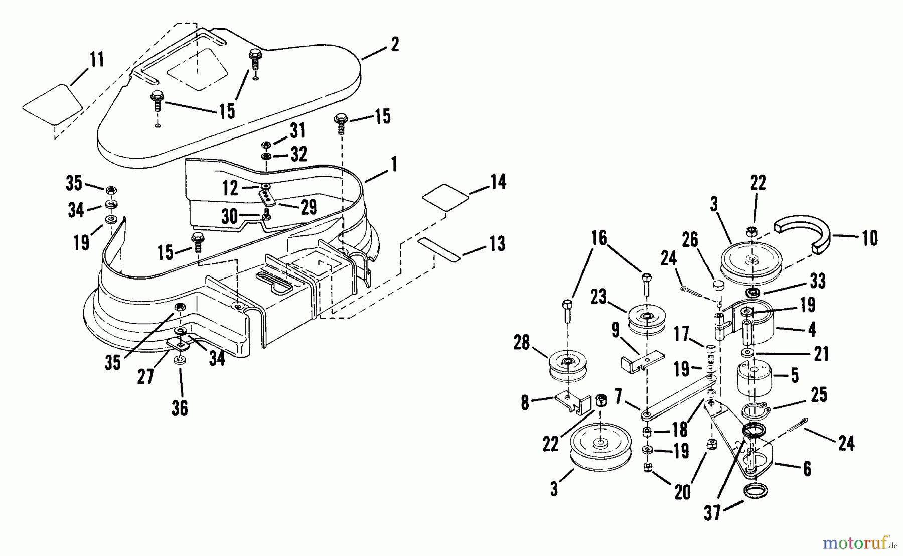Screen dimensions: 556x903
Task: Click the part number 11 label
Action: point(97,60)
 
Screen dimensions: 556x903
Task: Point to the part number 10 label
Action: point(870,238)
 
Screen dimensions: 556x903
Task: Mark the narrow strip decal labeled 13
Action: point(439,249)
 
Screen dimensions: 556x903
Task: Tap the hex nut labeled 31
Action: point(266,145)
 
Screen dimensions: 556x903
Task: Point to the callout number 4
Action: point(812,329)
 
